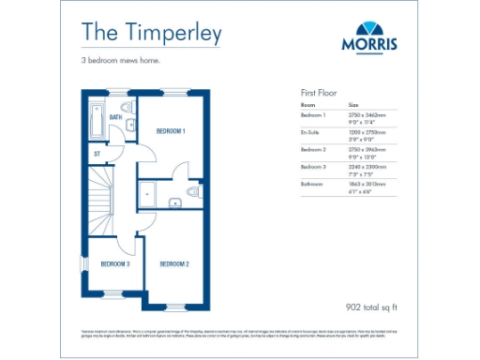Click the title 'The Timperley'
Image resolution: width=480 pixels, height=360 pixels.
tap(151, 33)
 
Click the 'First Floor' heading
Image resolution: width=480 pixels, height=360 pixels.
tap(319, 94)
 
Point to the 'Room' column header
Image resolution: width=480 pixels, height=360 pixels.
tap(307, 105)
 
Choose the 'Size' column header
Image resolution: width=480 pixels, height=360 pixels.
tap(353, 105)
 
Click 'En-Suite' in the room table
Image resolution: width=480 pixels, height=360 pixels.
tap(311, 131)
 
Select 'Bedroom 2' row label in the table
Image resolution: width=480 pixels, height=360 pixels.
tap(313, 149)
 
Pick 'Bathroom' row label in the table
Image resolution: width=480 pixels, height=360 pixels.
tap(313, 184)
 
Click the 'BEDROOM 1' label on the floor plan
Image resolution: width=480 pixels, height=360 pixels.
tap(171, 130)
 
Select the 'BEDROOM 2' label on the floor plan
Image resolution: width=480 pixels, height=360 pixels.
tap(174, 264)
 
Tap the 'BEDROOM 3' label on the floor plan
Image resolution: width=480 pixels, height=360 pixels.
tap(115, 264)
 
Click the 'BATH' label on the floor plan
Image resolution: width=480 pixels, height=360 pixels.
tap(116, 117)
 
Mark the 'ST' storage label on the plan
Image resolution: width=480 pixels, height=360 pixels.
tap(97, 152)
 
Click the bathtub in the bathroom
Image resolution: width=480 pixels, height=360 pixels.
tap(96, 120)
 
